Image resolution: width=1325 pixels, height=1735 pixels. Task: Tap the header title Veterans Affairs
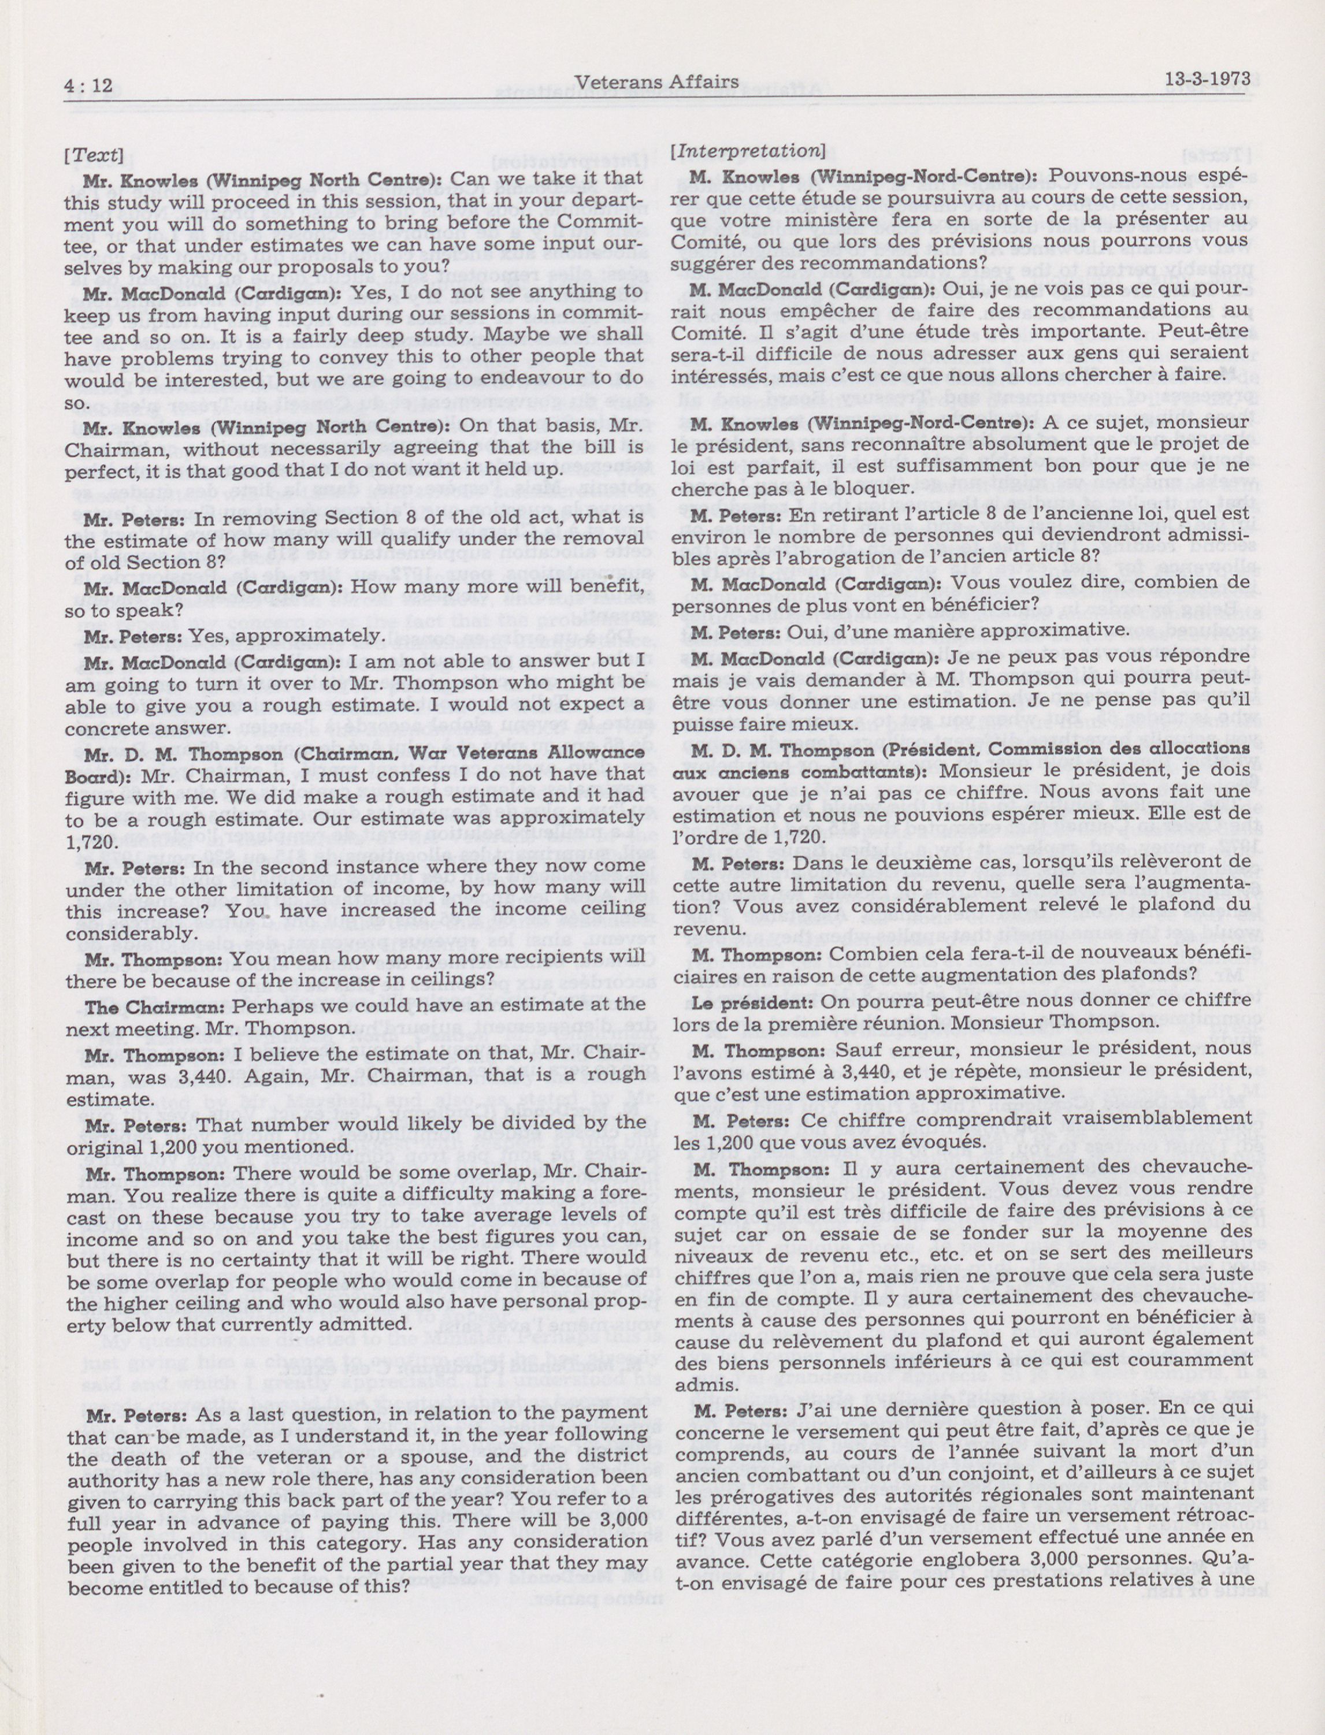pos(657,81)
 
